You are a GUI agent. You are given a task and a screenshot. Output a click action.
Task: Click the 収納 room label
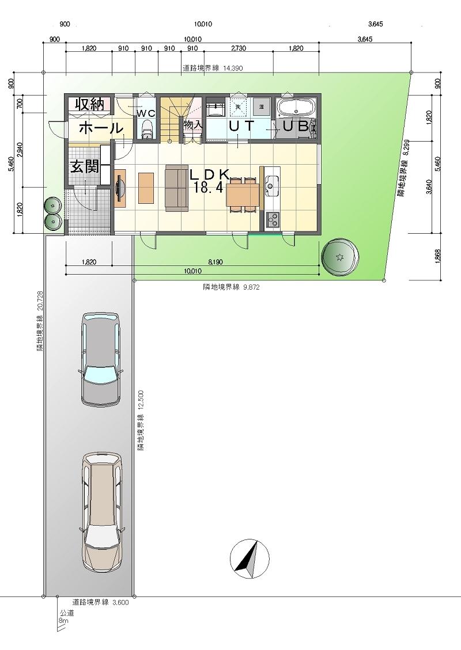88,105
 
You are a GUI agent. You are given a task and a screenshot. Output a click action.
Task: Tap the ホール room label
100,128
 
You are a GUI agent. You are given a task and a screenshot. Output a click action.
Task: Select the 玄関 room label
88,167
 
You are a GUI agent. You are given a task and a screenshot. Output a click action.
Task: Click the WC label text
146,113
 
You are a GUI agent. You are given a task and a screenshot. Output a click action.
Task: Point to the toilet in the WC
147,130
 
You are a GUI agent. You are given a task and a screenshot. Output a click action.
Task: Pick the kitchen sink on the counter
270,185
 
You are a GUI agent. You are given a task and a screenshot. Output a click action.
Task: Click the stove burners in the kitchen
271,219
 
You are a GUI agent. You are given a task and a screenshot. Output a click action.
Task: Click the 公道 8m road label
64,618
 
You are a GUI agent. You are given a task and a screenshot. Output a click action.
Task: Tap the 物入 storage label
192,123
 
